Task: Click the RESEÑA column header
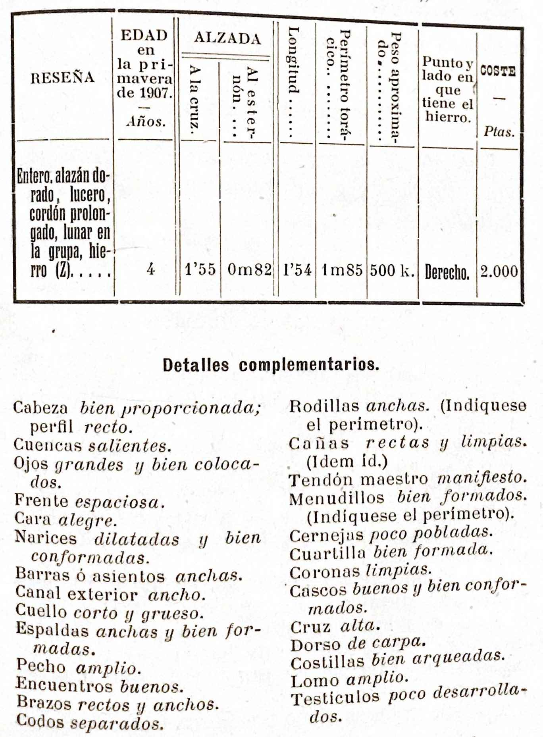[x=63, y=77]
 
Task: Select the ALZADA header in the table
[x=227, y=38]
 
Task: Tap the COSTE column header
[x=498, y=71]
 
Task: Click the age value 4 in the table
[x=150, y=269]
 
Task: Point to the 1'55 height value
[x=200, y=269]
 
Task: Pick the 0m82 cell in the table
[x=249, y=270]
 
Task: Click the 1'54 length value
[x=297, y=270]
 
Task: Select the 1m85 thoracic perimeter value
[x=342, y=270]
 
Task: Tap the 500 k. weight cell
[x=392, y=271]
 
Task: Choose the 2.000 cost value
[x=499, y=271]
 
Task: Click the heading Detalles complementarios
[x=271, y=365]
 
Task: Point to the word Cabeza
[x=40, y=408]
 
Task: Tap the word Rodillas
[x=323, y=406]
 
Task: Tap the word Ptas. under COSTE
[x=499, y=132]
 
